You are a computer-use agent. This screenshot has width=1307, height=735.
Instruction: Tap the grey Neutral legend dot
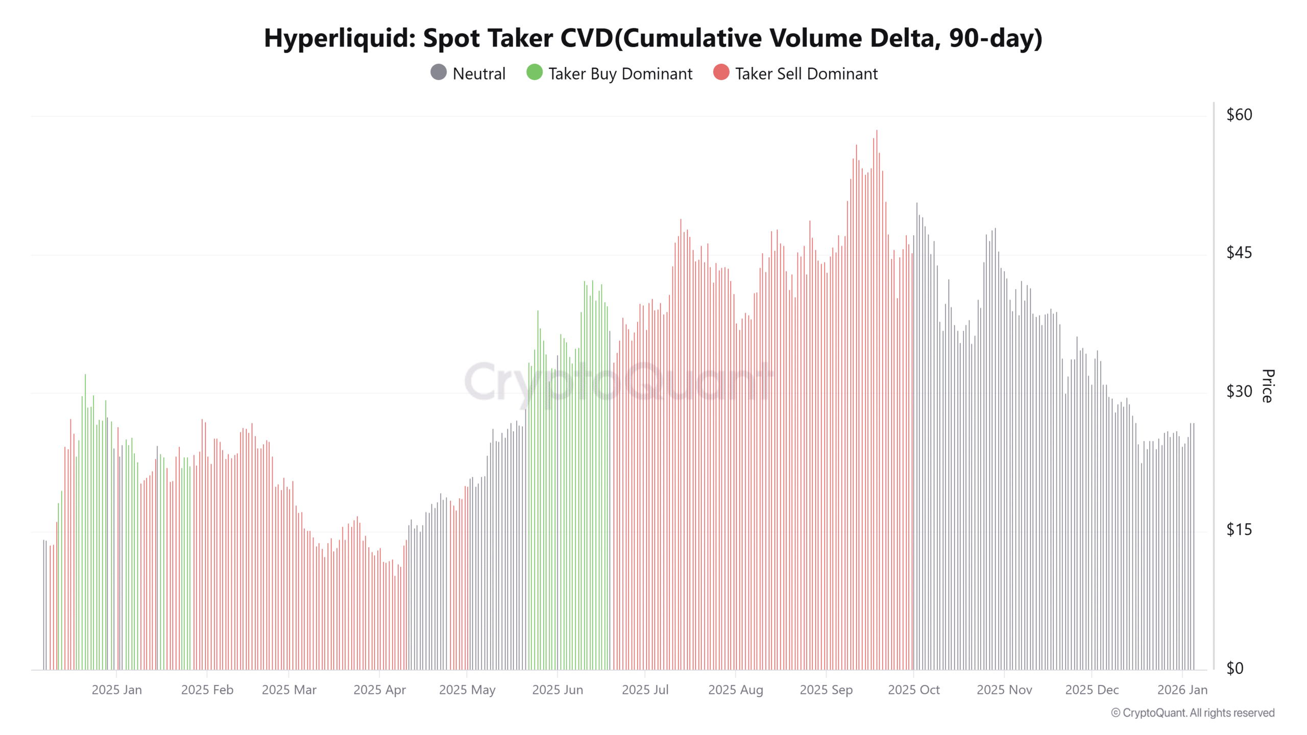coord(438,72)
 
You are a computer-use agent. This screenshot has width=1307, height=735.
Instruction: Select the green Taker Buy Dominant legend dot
coord(534,72)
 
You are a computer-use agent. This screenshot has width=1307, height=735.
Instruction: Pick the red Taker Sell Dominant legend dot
coord(721,72)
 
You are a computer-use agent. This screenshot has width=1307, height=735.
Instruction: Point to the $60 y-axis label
coord(1239,115)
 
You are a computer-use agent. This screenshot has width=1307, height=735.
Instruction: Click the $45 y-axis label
coord(1239,253)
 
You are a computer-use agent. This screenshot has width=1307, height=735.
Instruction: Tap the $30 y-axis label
coord(1239,391)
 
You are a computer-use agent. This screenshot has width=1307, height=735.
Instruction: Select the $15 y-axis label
coord(1239,530)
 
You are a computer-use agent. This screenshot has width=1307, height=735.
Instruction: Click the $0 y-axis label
coord(1235,668)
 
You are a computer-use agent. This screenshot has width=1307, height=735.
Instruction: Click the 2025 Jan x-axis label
coord(116,690)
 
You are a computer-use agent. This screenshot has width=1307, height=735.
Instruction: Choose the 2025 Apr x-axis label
coord(379,690)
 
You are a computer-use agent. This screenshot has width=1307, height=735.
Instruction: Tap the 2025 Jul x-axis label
coord(645,690)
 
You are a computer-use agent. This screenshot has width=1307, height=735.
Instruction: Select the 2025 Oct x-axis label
coord(913,690)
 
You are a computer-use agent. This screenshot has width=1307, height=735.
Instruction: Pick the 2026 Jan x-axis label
coord(1182,690)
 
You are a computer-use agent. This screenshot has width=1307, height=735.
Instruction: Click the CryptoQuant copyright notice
coord(1193,713)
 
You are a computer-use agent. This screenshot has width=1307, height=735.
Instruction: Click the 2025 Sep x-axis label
coord(826,690)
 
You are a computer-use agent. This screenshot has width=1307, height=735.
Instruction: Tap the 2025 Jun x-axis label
coord(558,690)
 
